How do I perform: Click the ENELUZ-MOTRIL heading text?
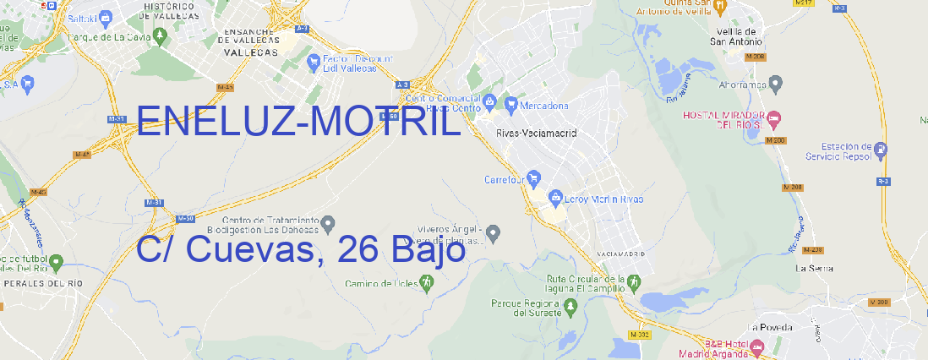(298, 124)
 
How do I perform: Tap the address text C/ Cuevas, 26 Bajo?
(301, 250)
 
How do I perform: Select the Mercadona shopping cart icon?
(511, 105)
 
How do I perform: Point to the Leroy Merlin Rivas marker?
(555, 199)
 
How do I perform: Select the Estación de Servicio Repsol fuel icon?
(882, 150)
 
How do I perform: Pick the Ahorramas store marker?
(777, 83)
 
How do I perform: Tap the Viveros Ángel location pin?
(496, 232)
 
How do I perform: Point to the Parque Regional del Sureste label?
(526, 308)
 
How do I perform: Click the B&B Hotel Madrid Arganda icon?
(757, 346)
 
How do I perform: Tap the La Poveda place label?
(769, 326)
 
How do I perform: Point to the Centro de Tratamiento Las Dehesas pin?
(330, 223)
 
